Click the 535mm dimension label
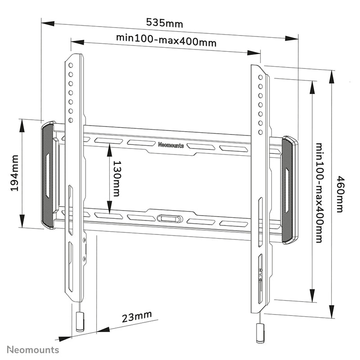(x=165, y=22)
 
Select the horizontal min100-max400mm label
(x=166, y=40)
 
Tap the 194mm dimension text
(x=14, y=173)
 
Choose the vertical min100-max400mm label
(x=319, y=193)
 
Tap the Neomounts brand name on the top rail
(x=171, y=145)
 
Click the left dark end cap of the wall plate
(x=47, y=175)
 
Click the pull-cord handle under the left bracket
(x=80, y=322)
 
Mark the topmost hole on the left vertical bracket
(x=71, y=65)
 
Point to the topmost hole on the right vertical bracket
(x=261, y=77)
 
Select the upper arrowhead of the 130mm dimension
(x=109, y=148)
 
